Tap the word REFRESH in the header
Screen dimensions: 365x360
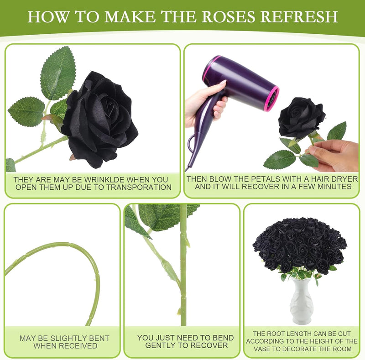[299, 16]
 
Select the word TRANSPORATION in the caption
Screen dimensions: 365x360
[139, 187]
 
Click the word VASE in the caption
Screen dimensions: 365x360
[262, 349]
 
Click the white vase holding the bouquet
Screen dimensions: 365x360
[302, 300]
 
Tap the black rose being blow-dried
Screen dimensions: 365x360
[302, 118]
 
